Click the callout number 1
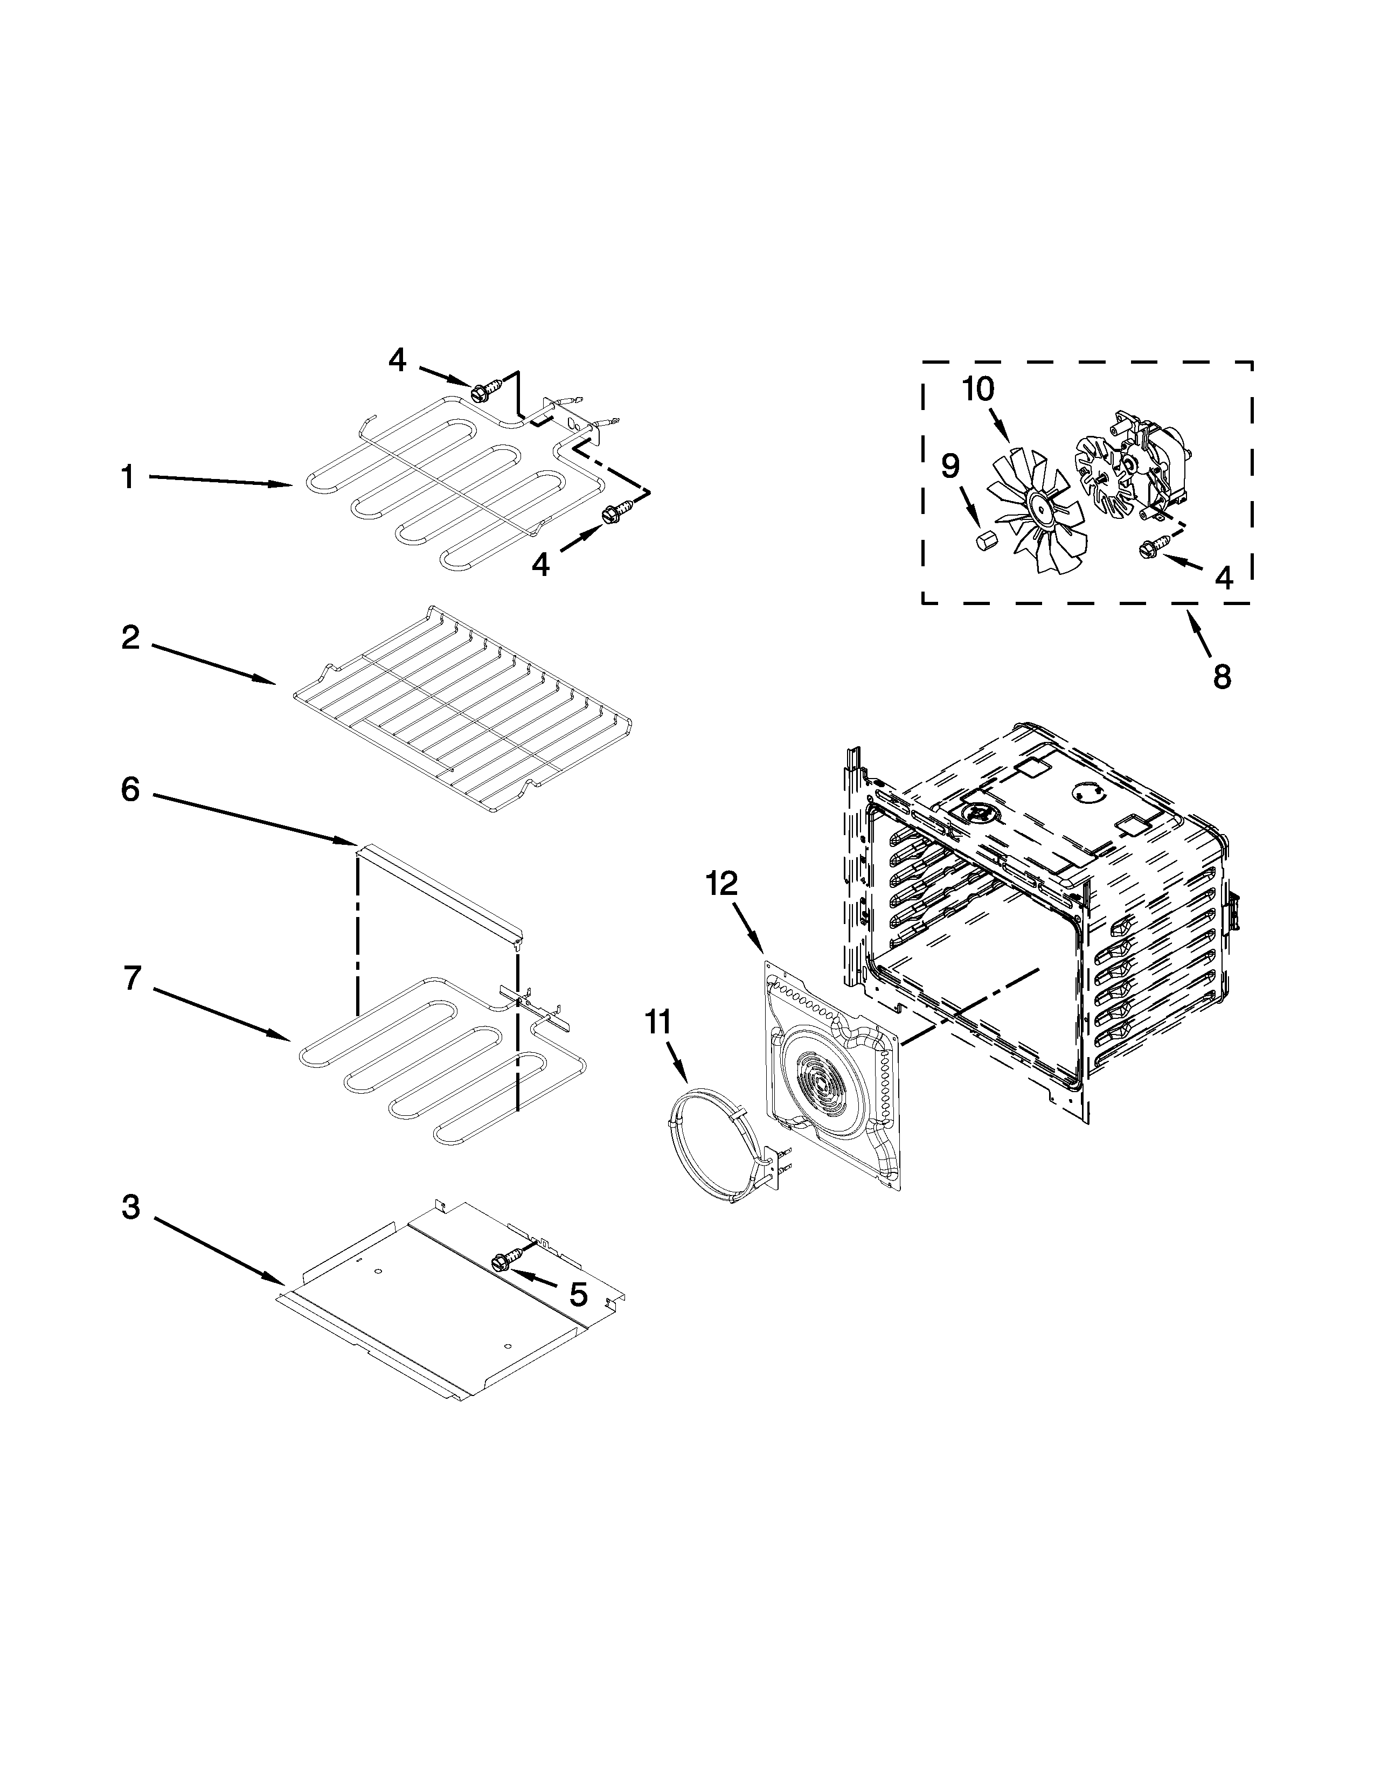tap(127, 476)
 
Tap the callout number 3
tap(131, 1207)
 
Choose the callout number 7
tap(133, 978)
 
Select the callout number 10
tap(979, 389)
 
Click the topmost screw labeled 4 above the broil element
tap(481, 392)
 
